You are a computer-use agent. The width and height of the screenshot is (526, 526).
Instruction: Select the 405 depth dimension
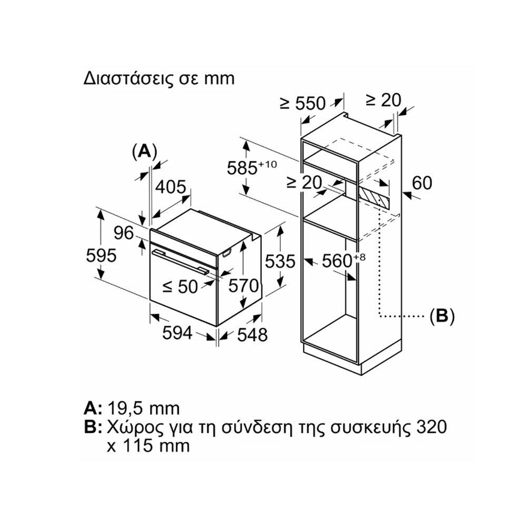[170, 187]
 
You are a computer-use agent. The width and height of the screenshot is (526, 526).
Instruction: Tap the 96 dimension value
[124, 233]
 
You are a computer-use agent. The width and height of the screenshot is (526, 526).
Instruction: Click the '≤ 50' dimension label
[180, 286]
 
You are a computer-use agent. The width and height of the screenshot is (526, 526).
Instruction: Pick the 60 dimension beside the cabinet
[421, 183]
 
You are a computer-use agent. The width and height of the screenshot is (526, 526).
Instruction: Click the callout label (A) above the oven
[144, 151]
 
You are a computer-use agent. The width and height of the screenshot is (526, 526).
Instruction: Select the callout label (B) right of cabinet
[442, 316]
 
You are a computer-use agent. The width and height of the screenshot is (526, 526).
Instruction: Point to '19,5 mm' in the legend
[144, 408]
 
